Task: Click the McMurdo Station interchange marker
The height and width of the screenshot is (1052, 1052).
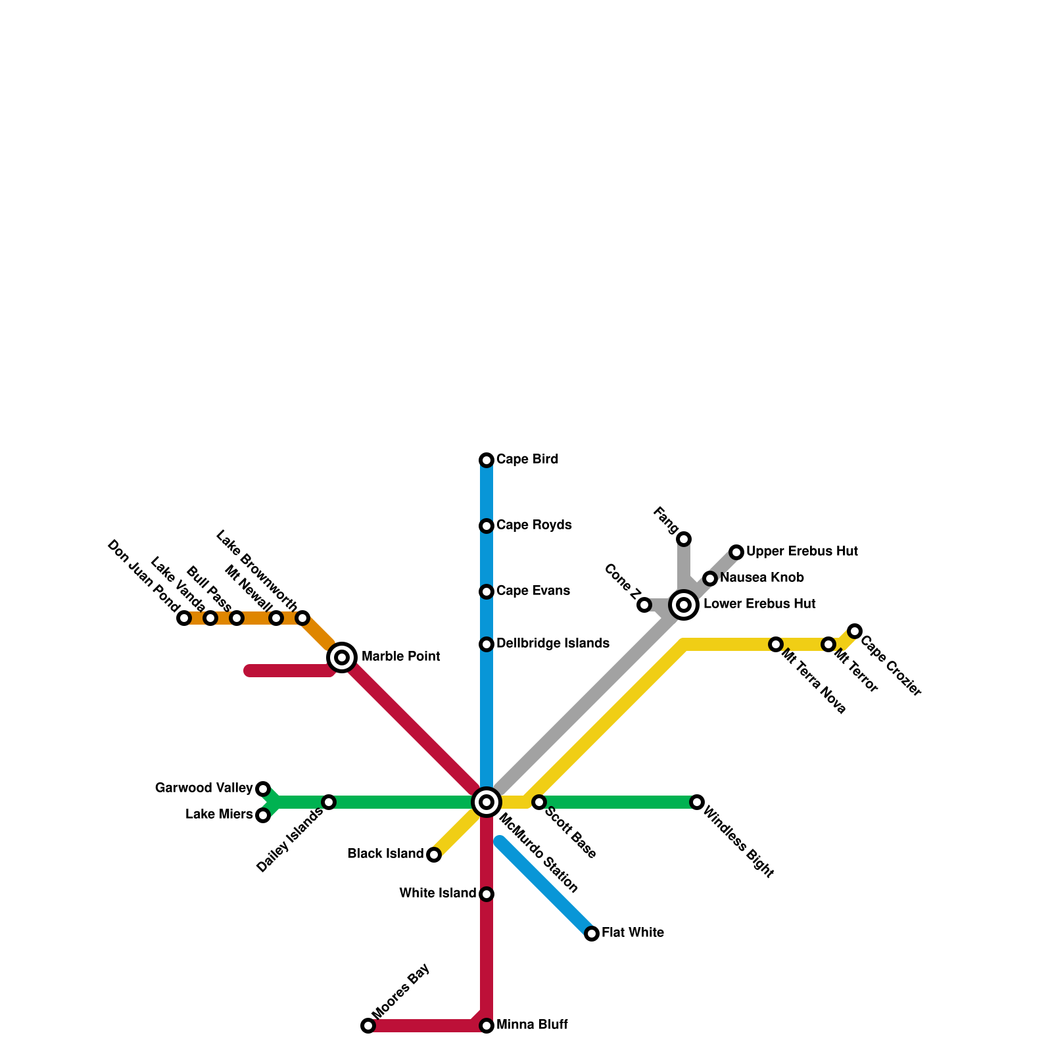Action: (487, 802)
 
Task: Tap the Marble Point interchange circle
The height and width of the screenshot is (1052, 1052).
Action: (342, 657)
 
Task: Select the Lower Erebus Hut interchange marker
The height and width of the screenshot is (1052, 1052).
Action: (684, 604)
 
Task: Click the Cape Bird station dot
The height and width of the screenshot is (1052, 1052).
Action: (487, 460)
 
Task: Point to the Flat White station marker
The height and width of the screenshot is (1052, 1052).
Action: (592, 934)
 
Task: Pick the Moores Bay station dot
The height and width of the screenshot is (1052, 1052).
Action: (368, 1026)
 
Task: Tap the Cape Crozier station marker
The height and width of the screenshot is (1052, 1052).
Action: (854, 631)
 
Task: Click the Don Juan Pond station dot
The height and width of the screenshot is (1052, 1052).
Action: (184, 618)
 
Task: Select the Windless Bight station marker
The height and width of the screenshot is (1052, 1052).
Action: (697, 802)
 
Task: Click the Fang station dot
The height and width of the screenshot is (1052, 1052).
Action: (684, 539)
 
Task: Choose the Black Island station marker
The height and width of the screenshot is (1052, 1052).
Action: (434, 855)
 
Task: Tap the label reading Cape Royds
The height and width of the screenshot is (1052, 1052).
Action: (534, 525)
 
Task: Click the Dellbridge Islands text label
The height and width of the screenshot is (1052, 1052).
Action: (553, 643)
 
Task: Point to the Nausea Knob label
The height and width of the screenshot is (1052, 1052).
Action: (761, 578)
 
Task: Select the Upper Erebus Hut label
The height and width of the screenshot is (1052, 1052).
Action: (801, 551)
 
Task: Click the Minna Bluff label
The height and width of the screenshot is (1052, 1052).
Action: (532, 1025)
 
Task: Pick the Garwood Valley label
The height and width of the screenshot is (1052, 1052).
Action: (204, 788)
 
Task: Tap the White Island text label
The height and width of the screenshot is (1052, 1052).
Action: (438, 894)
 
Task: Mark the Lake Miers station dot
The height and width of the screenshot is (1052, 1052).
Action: (263, 815)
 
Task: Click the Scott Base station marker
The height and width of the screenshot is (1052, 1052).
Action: (539, 802)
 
